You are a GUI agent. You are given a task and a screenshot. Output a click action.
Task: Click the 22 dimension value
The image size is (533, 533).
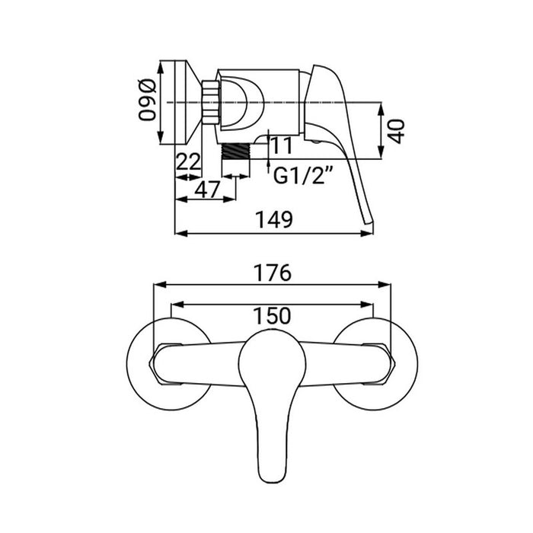tap(188, 162)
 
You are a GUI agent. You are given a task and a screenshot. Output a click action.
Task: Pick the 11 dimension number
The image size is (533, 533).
tap(280, 145)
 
